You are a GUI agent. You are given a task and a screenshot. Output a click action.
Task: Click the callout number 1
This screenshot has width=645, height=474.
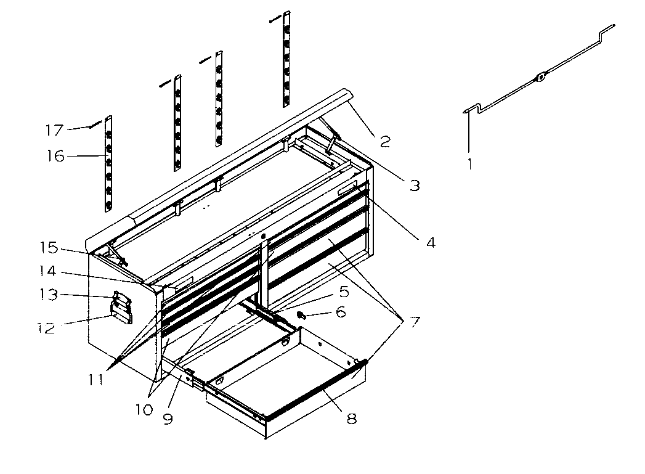tap(470, 165)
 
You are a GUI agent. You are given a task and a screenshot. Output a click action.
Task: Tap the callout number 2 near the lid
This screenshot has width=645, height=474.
tap(385, 142)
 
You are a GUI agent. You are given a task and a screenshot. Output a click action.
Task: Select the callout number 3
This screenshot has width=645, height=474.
tap(415, 185)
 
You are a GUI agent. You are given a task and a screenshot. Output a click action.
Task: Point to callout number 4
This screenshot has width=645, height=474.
tap(430, 243)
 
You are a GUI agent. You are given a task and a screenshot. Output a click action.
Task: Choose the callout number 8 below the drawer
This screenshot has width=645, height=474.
tap(351, 419)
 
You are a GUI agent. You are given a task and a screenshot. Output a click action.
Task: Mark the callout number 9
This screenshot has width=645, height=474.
tap(168, 419)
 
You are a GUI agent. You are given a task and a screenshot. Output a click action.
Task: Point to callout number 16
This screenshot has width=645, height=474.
tap(55, 157)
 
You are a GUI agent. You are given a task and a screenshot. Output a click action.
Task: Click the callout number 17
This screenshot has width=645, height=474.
tap(54, 130)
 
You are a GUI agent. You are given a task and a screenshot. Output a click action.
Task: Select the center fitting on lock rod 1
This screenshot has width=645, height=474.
tap(539, 78)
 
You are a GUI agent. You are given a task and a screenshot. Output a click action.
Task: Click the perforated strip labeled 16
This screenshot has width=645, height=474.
tap(109, 163)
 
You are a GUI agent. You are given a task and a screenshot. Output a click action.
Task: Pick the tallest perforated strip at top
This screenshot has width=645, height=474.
tap(286, 59)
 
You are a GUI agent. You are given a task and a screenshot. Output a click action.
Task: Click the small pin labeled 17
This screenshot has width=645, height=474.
tap(92, 125)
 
